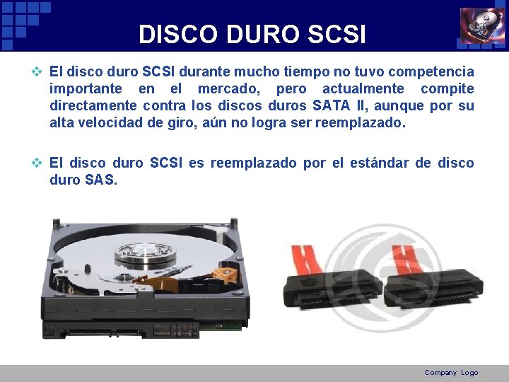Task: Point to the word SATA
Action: [x=334, y=106]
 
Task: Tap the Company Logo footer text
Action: [x=451, y=373]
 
